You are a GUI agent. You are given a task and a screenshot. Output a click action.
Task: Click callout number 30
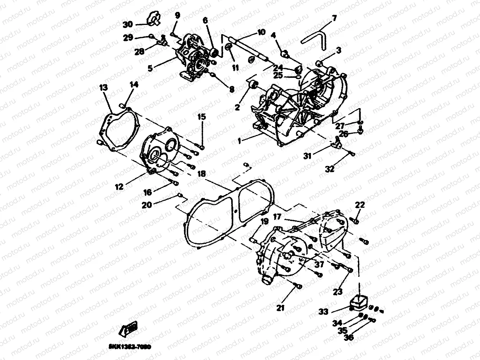(x=128, y=25)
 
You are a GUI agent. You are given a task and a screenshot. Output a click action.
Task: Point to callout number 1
(x=239, y=141)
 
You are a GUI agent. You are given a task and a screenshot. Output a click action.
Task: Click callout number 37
(x=319, y=264)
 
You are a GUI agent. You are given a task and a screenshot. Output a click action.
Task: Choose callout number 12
(x=119, y=187)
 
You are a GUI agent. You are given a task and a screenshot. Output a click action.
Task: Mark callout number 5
(x=150, y=68)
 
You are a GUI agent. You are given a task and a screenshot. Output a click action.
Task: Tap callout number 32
(x=330, y=168)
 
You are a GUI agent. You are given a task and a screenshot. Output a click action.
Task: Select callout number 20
(x=147, y=205)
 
